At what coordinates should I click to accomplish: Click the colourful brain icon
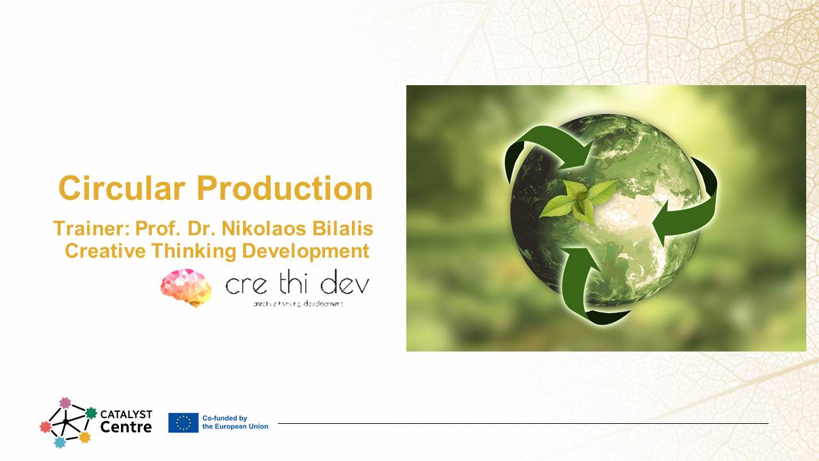point(186,287)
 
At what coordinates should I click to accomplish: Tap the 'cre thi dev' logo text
point(297,285)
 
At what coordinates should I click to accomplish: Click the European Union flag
point(183,423)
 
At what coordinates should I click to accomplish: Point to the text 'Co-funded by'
point(225,418)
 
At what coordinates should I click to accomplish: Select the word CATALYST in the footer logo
point(126,414)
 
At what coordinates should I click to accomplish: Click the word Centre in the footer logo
point(126,427)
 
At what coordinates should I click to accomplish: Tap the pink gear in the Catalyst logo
point(65,403)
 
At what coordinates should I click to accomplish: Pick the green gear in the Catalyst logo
point(91,413)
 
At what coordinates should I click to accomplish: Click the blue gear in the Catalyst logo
point(60,442)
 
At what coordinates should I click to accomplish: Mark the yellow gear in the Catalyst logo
point(84,437)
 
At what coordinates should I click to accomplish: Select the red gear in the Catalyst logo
point(45,426)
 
